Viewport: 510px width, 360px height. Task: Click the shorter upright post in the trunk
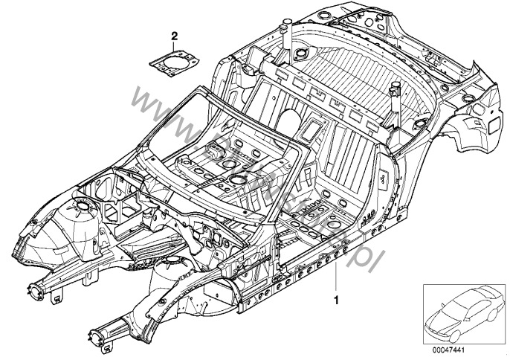pos(394,96)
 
